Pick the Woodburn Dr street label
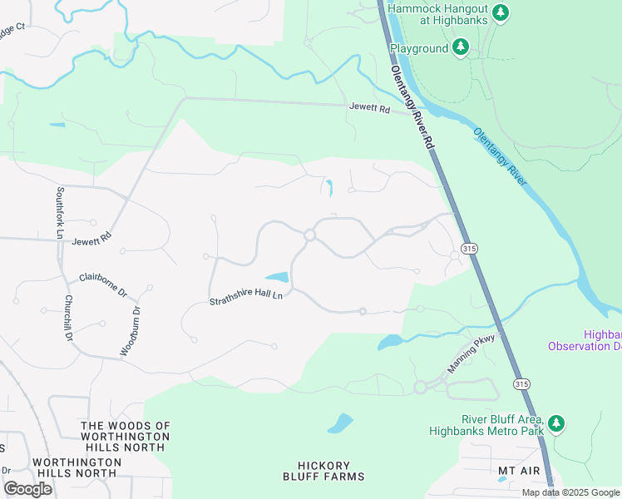pos(131,331)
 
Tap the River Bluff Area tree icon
pos(556,425)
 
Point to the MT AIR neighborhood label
pos(519,471)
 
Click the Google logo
pos(27,489)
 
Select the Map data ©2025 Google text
pos(570,492)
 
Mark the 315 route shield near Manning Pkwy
pos(521,383)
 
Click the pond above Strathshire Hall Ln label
pos(277,277)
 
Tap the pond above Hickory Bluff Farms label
pos(340,424)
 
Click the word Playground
pos(419,49)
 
